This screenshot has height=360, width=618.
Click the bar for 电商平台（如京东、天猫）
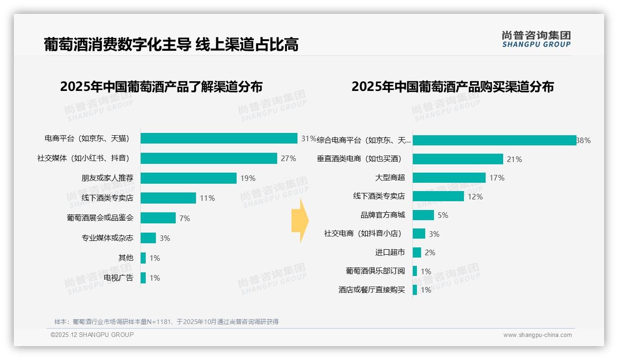coord(219,138)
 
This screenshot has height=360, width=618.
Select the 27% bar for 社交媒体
coord(209,158)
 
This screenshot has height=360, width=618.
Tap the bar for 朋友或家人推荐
coord(189,178)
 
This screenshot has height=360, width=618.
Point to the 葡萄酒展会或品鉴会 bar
coord(158,218)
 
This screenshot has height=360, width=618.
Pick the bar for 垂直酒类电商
coord(458,159)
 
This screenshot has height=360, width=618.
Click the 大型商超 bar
coord(449,178)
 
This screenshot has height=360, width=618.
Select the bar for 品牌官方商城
coord(423,215)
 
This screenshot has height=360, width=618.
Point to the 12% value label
coord(475,197)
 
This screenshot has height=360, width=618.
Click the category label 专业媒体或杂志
coord(107,238)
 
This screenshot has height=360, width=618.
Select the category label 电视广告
coord(119,278)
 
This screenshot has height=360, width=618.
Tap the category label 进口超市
coord(390,252)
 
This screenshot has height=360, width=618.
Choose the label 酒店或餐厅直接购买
coord(372,290)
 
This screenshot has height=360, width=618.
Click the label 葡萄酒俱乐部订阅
coord(375,271)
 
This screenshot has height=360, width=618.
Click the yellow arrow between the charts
coord(300,221)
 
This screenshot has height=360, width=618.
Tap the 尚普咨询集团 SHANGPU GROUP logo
coord(536,39)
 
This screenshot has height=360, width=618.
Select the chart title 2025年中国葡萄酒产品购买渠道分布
coord(452,87)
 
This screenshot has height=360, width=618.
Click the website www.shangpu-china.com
coord(537,335)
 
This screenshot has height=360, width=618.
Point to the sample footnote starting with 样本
coord(166,322)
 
